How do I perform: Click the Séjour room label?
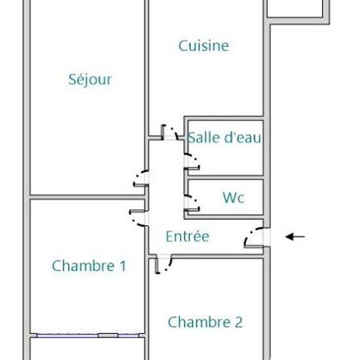point(90,80)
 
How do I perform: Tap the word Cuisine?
point(204,46)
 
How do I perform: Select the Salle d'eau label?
point(225,137)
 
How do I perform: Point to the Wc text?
point(234,197)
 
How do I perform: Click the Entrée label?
point(187,236)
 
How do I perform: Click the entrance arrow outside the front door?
point(295,237)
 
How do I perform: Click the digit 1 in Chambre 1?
point(121,266)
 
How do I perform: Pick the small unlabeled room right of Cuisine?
point(297,8)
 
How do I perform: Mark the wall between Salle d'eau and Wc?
point(225,176)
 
